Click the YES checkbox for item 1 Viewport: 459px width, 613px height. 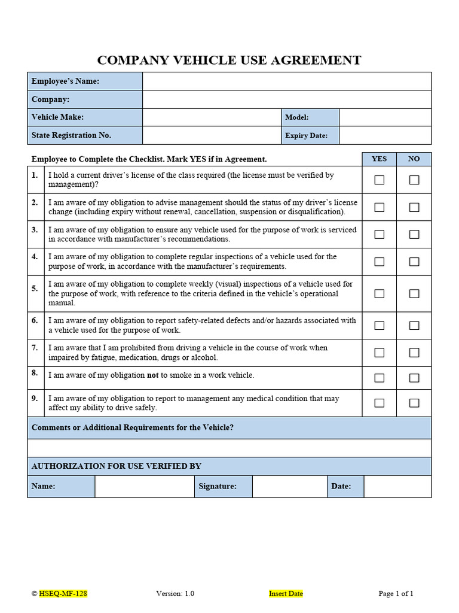click(379, 180)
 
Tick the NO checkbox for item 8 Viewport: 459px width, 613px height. click(414, 378)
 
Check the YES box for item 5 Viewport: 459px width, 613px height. click(379, 293)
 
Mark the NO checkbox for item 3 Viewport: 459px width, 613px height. click(414, 234)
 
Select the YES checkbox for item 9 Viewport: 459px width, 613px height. click(379, 403)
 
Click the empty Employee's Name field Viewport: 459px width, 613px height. click(286, 81)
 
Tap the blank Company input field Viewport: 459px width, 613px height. click(286, 99)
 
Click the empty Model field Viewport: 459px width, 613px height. click(384, 117)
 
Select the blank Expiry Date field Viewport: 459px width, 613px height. click(384, 135)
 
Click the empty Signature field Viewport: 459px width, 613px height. click(289, 486)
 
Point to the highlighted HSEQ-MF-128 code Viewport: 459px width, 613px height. click(63, 593)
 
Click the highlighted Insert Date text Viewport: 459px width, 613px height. click(286, 593)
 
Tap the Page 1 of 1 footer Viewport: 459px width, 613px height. click(396, 593)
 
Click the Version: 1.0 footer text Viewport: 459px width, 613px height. click(175, 593)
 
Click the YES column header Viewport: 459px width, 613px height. click(379, 159)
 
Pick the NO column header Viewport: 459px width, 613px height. click(414, 159)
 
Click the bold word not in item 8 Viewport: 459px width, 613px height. click(153, 375)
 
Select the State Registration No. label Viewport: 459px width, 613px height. click(71, 135)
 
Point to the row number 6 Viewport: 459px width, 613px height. click(35, 320)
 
